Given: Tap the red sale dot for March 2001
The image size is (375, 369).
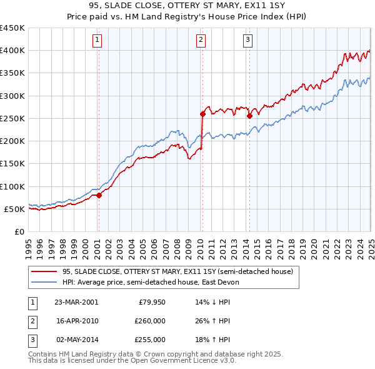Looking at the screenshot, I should click(99, 196).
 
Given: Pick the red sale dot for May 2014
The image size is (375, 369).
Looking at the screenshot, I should click(249, 116).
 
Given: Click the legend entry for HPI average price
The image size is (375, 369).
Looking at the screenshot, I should click(151, 282).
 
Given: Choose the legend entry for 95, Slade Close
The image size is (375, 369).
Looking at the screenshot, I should click(177, 271).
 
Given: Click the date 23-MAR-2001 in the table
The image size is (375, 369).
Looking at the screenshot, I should click(76, 302).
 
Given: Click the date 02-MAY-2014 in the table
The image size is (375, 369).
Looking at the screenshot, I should click(76, 340).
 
